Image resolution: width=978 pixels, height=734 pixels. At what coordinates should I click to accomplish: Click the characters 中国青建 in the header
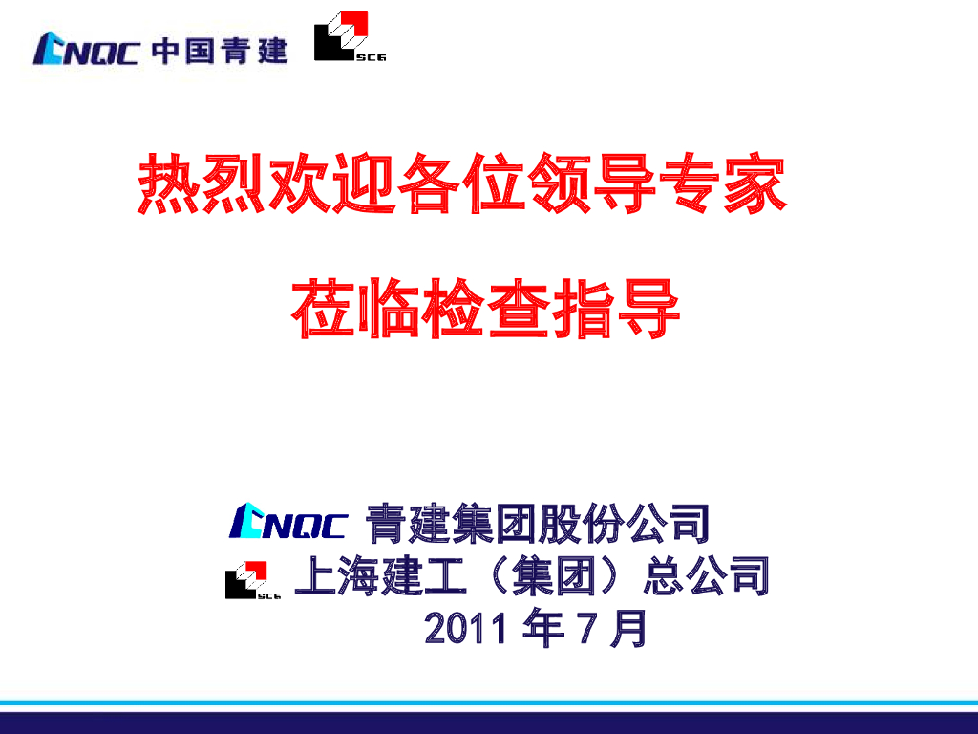click(x=220, y=49)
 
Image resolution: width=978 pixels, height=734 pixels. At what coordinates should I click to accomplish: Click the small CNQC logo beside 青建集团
click(x=287, y=522)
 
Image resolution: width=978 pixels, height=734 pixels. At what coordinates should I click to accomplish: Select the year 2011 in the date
click(x=468, y=629)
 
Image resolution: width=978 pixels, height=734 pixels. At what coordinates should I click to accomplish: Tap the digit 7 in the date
click(x=582, y=629)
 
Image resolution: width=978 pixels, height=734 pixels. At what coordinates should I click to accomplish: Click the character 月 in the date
click(x=627, y=629)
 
